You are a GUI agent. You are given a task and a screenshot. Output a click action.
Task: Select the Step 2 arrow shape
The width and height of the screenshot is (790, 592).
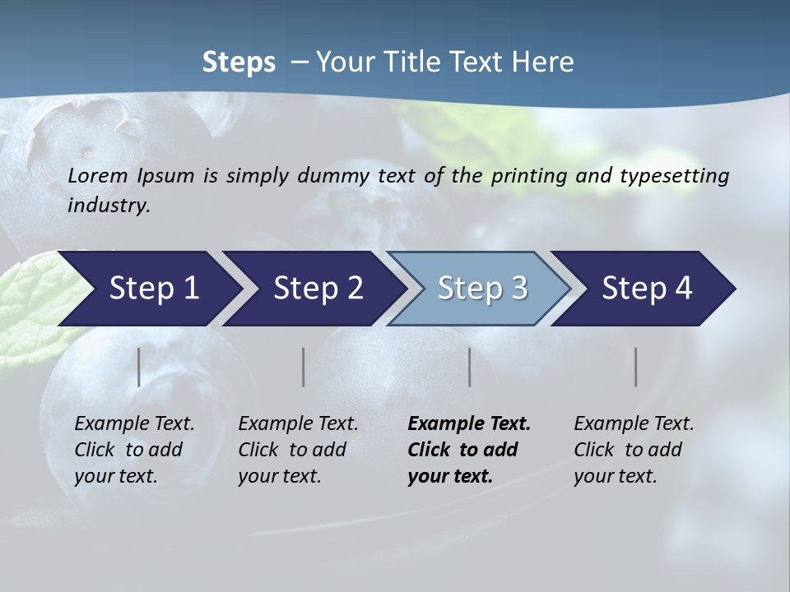point(318,289)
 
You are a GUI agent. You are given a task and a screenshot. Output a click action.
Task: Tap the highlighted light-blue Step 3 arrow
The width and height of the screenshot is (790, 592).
point(482,289)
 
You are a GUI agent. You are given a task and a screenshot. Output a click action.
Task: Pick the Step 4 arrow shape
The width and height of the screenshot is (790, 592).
point(647,289)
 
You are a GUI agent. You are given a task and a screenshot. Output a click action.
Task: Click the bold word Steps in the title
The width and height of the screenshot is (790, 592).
point(239,62)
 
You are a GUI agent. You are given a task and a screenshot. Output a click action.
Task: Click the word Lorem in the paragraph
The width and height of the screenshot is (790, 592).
point(98,175)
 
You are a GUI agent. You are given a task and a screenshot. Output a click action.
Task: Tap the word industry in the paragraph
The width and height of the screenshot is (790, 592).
point(109,206)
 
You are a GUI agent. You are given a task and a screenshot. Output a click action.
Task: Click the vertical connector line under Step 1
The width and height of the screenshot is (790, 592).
point(139,367)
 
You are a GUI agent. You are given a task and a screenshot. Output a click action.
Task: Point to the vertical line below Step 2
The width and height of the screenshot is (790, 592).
point(304,367)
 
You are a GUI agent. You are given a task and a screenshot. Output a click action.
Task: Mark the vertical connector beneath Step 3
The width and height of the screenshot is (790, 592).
point(470,367)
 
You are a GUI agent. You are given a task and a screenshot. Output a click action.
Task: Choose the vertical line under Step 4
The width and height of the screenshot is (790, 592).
point(636,367)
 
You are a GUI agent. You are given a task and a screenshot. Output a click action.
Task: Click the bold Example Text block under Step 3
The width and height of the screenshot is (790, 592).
point(469,450)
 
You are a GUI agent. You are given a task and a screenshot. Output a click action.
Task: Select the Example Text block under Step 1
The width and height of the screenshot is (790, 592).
point(134,450)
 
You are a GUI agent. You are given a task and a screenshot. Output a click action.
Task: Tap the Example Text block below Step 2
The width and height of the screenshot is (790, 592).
point(298,450)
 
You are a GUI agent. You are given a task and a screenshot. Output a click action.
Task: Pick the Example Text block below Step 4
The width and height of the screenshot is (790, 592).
point(634,450)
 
